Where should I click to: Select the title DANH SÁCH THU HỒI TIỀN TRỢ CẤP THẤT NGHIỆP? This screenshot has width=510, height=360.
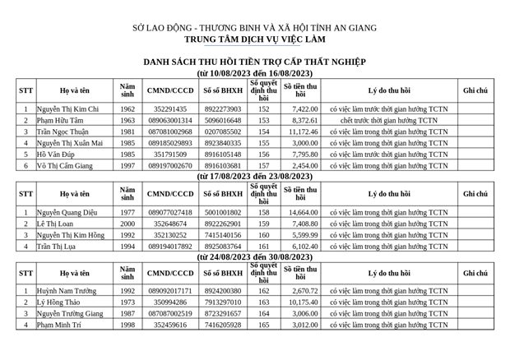tap(254, 62)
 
